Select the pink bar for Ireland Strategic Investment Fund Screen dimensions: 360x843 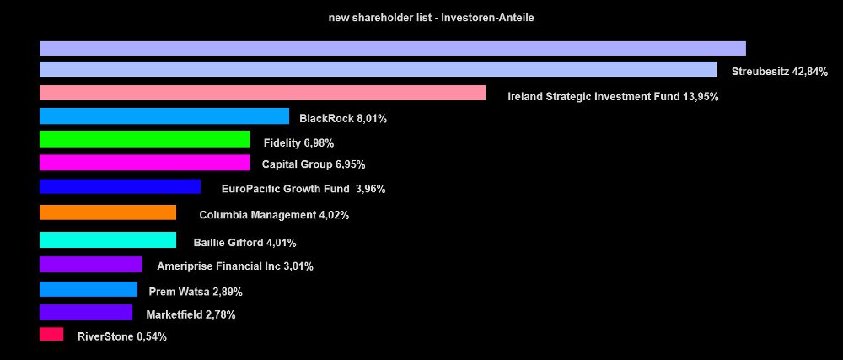[x=262, y=93]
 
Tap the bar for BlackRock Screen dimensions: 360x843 [x=164, y=116]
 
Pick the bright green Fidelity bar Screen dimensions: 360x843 [x=144, y=139]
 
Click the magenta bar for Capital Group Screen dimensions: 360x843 [x=144, y=163]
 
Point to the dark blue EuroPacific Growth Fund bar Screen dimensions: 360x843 [x=120, y=186]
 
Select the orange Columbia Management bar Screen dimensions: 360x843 [x=108, y=212]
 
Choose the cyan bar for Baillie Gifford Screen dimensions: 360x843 [x=108, y=239]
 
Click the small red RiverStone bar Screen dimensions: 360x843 [x=51, y=334]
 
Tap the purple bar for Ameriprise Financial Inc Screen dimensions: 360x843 [x=90, y=265]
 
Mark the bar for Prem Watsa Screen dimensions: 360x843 [x=89, y=289]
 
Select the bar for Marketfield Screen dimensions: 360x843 [x=86, y=312]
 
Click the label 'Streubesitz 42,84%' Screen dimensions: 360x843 [x=780, y=73]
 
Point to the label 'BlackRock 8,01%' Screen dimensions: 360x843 [x=343, y=119]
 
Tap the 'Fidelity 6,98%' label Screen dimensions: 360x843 [x=298, y=143]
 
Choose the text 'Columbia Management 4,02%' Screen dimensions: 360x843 [x=274, y=215]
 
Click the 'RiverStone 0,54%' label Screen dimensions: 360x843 [x=121, y=337]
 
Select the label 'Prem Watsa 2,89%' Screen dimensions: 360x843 [x=196, y=293]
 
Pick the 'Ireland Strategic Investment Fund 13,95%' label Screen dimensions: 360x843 [x=613, y=97]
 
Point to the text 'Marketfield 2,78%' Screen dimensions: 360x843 [x=191, y=315]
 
